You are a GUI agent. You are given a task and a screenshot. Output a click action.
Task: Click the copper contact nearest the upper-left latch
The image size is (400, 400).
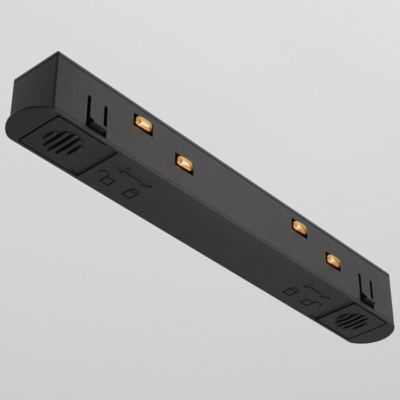143,123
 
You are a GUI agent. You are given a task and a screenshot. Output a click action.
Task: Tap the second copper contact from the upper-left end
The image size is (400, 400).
184,163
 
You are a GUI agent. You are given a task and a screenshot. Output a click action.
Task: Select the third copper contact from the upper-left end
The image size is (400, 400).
299,227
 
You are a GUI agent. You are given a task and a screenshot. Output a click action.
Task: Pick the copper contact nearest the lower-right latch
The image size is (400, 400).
333,259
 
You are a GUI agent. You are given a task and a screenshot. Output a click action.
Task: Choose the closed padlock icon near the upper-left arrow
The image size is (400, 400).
129,193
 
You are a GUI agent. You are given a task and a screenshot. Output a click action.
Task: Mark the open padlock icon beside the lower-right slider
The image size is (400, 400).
290,291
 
